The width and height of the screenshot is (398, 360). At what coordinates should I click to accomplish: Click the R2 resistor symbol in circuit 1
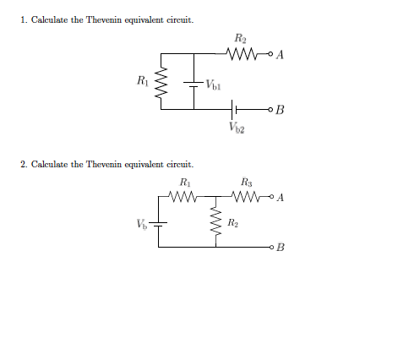pyautogui.click(x=243, y=55)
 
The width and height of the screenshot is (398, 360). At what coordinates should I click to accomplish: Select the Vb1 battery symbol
pyautogui.click(x=194, y=85)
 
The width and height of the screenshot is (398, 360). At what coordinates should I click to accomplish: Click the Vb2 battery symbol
pyautogui.click(x=236, y=110)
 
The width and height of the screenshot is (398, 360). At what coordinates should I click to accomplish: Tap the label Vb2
pyautogui.click(x=237, y=128)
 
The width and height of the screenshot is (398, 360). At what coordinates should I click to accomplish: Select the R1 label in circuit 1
pyautogui.click(x=142, y=81)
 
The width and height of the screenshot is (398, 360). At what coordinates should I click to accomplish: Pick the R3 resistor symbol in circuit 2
pyautogui.click(x=245, y=199)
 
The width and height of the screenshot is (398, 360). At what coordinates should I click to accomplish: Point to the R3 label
pyautogui.click(x=246, y=182)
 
